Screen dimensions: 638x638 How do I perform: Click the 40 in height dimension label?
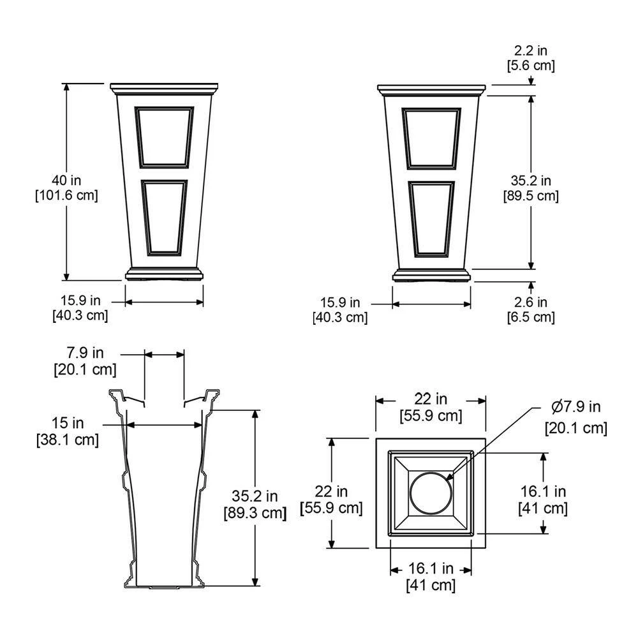coord(66,188)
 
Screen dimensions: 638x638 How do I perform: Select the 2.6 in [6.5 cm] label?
coord(530,309)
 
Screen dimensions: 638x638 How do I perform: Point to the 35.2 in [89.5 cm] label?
coord(530,188)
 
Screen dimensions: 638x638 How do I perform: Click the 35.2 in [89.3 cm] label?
coord(254,503)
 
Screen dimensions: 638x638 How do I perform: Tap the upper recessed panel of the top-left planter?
coord(164,137)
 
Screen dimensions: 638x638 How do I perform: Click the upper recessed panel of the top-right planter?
coord(431,138)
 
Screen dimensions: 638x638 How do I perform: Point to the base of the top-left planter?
coord(164,274)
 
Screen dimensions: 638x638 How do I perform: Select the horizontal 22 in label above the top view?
coord(431,407)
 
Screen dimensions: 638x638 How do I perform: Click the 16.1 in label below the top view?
coord(431,576)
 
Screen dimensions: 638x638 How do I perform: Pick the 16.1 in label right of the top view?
coord(543,500)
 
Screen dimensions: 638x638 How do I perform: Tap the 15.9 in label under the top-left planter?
coord(80,308)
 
